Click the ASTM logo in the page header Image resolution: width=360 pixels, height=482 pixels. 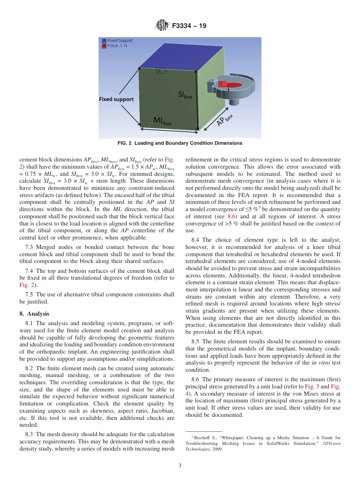[x=162, y=26]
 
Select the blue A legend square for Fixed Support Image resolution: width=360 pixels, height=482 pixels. [x=104, y=41]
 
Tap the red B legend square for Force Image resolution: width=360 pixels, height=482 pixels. [x=104, y=45]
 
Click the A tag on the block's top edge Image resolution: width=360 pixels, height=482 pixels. [x=160, y=70]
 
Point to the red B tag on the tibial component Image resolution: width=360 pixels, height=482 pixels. [x=221, y=84]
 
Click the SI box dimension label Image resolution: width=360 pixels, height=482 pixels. [x=185, y=95]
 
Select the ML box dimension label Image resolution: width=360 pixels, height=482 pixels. [x=162, y=121]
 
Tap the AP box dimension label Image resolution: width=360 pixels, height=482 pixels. [x=224, y=121]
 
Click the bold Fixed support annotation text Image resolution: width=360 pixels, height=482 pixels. [x=116, y=99]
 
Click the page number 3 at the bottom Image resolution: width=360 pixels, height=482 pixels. [x=180, y=466]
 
